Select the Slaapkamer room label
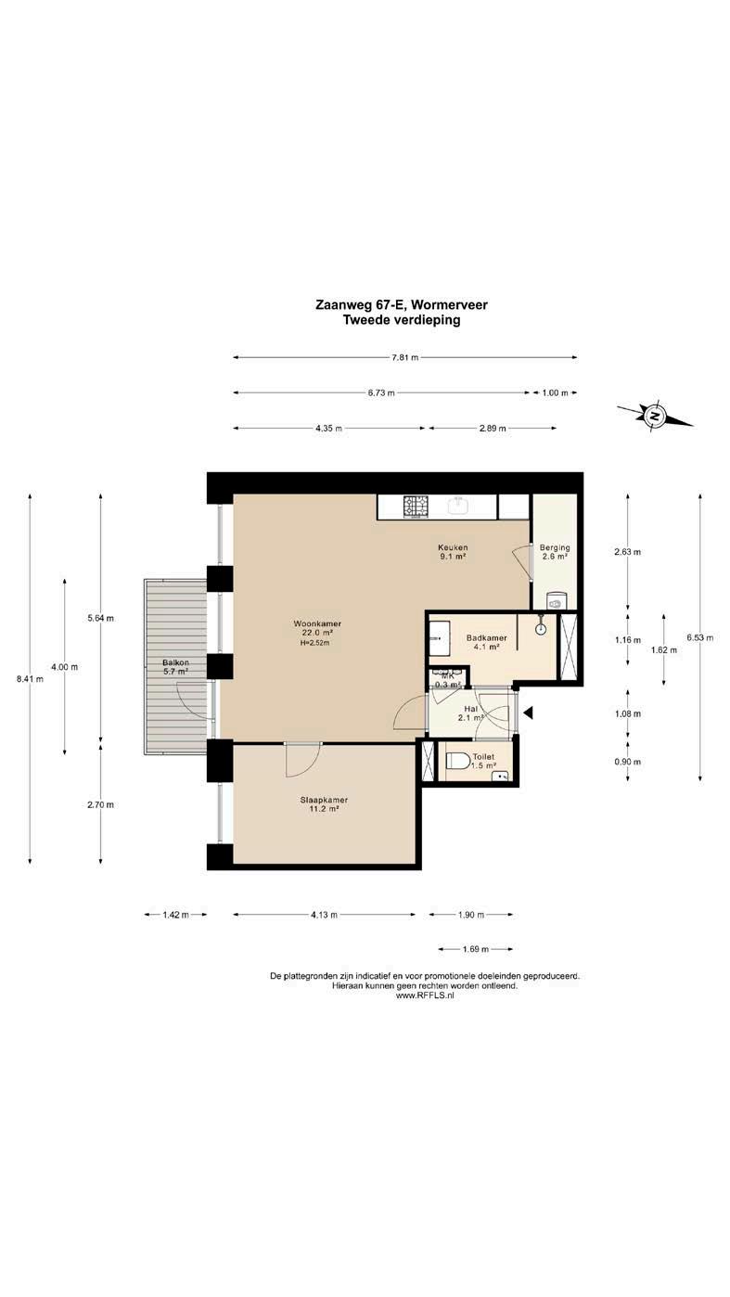[324, 801]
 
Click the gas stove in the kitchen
[416, 507]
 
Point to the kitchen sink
[461, 506]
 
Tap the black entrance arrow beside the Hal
[528, 713]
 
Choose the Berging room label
[554, 547]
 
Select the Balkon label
[175, 663]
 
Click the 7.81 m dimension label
[404, 357]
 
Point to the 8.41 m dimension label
[30, 679]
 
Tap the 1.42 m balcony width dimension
[175, 915]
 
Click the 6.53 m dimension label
[700, 637]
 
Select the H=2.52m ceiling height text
[314, 642]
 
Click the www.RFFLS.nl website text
[424, 995]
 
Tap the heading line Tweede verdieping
[402, 320]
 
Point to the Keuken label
[453, 547]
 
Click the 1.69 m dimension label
[475, 949]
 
